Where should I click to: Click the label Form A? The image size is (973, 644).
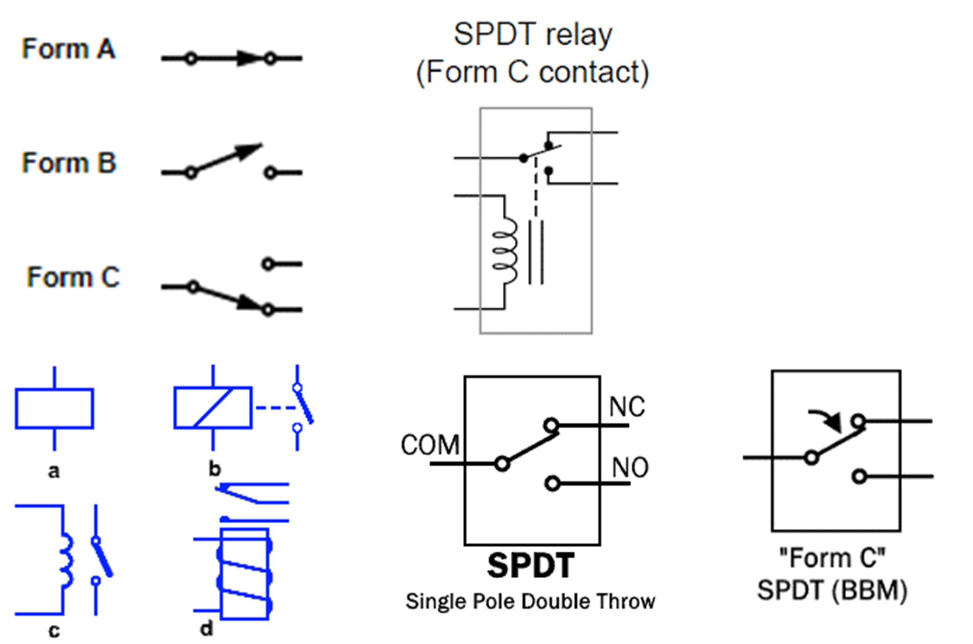click(69, 49)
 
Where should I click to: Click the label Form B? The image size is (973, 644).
click(69, 163)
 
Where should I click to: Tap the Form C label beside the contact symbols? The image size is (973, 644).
click(73, 277)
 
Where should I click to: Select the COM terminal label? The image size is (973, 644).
click(430, 445)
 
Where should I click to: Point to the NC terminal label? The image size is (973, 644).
click(627, 407)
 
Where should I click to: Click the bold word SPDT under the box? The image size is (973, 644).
click(530, 565)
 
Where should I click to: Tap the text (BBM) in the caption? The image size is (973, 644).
click(869, 590)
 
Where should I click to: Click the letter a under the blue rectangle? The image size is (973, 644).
click(54, 472)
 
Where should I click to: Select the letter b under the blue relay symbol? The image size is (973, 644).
click(214, 469)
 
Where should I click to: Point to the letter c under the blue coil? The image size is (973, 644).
click(54, 631)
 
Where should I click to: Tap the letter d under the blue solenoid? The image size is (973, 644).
click(207, 629)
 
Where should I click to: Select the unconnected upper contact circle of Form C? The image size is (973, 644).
click(267, 264)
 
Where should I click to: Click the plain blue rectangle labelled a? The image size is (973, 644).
click(54, 408)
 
